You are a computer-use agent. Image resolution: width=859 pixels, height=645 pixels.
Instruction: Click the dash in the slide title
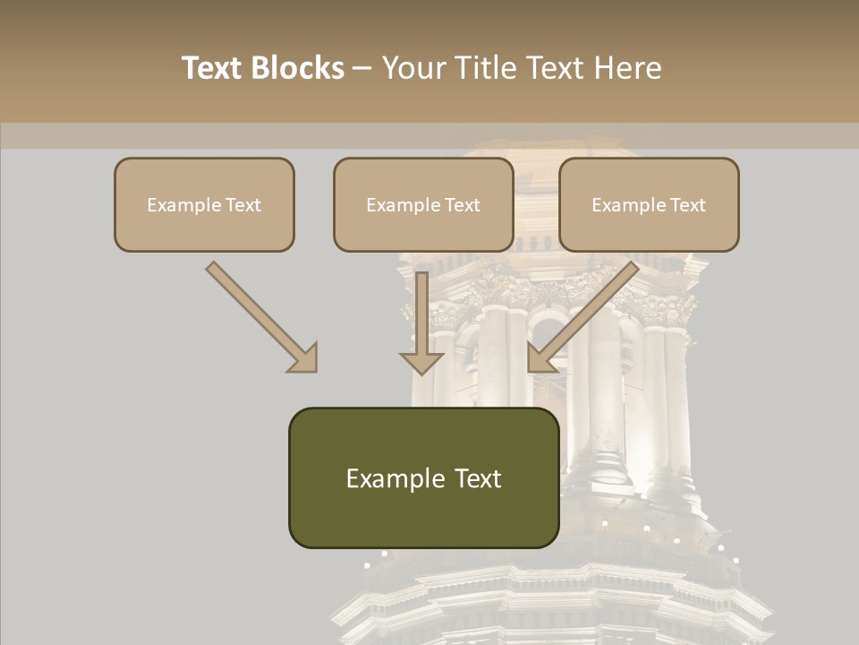click(x=363, y=69)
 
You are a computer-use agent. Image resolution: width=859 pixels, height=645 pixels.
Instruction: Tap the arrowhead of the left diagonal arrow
click(x=303, y=358)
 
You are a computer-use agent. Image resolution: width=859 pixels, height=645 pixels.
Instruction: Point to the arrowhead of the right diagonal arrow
click(x=540, y=358)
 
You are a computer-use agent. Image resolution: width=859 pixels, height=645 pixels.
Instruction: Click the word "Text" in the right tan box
click(x=687, y=205)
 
